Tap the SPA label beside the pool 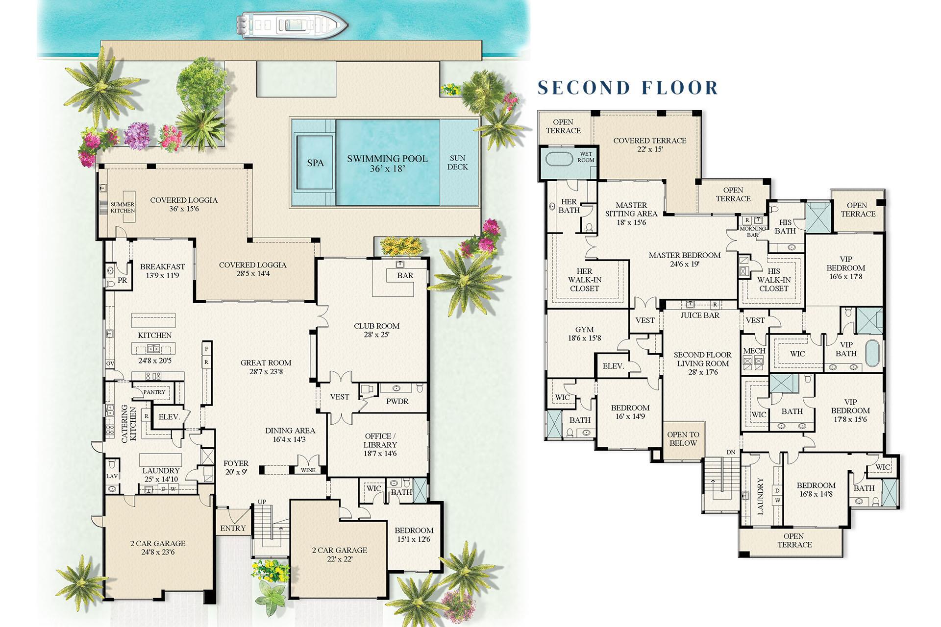(315, 163)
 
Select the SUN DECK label (458, 163)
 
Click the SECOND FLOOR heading (627, 88)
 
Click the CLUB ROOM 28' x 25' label (376, 330)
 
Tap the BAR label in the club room (405, 276)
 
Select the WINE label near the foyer (308, 470)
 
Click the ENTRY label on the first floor (233, 528)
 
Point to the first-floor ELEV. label (169, 417)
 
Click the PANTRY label (154, 392)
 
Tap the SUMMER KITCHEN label (123, 208)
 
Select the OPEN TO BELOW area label (683, 439)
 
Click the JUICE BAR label (699, 315)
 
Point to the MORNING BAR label (752, 232)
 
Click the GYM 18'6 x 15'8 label (584, 334)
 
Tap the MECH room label (754, 351)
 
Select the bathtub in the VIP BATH (873, 353)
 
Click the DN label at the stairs (731, 452)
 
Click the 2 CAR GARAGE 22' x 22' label (339, 555)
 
